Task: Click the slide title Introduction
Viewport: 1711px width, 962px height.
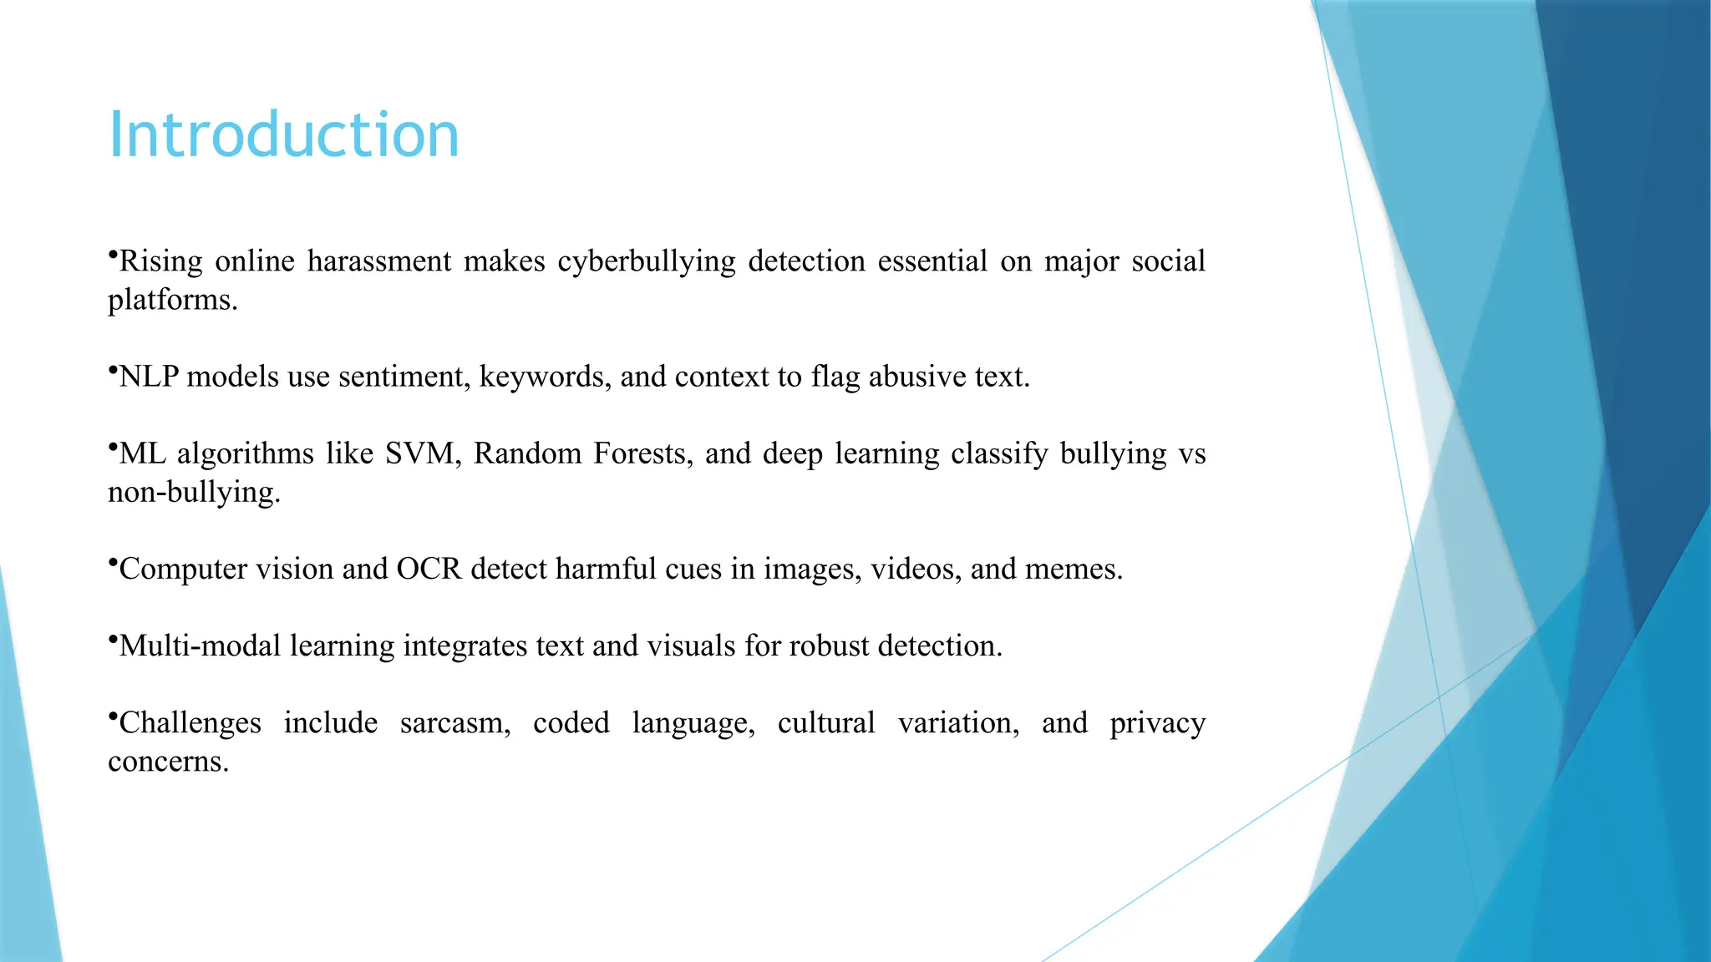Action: point(284,134)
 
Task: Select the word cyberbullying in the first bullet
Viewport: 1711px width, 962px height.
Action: point(647,262)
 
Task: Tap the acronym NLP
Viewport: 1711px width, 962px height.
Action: point(149,377)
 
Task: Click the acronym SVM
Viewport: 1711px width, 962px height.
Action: point(422,453)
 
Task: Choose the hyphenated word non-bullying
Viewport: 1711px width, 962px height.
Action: point(194,493)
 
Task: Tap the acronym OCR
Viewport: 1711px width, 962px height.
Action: point(429,570)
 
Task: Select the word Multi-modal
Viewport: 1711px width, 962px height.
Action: point(200,646)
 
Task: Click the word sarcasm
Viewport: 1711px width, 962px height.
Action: point(454,723)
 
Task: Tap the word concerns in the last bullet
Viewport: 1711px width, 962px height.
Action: point(168,762)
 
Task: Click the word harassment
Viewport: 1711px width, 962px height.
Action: point(379,262)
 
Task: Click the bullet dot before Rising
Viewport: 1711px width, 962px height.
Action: point(112,253)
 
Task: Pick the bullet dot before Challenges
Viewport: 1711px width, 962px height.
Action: point(112,715)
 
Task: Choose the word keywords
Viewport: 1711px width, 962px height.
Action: point(545,377)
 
